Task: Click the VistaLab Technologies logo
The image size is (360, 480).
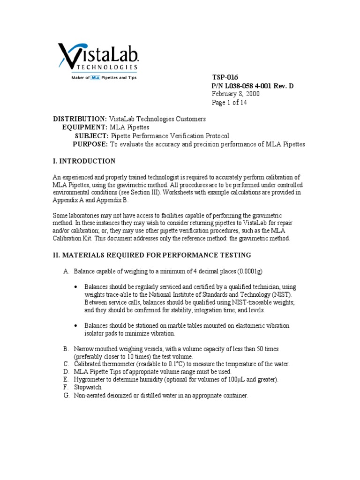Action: [97, 58]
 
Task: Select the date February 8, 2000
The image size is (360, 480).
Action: [235, 94]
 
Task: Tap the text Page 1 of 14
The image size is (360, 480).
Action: [229, 102]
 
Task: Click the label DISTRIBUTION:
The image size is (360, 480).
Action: [80, 119]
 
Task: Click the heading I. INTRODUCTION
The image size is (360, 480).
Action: [84, 161]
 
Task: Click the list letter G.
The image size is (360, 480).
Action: [66, 396]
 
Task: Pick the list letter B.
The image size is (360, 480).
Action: [66, 349]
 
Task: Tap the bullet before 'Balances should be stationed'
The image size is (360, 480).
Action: [76, 325]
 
